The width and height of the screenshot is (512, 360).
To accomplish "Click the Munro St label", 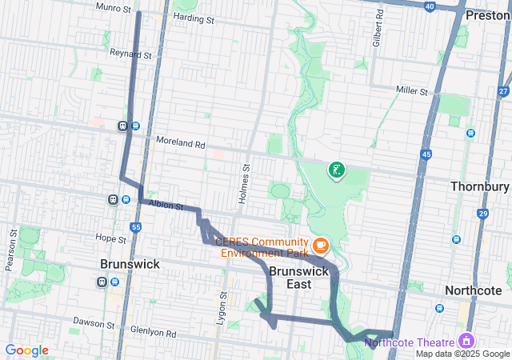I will [114, 7].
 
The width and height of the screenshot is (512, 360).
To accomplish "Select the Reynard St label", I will [132, 55].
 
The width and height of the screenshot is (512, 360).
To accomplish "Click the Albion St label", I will [166, 206].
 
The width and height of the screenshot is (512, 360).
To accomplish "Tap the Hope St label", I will [111, 238].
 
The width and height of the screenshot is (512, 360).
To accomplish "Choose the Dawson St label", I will [94, 324].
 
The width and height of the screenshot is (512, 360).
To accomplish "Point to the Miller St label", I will [413, 91].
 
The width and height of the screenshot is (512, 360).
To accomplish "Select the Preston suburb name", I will [487, 14].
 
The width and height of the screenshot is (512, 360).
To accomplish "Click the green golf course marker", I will [337, 170].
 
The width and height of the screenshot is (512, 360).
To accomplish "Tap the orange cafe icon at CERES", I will [320, 244].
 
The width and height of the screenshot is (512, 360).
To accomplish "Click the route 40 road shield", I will [430, 6].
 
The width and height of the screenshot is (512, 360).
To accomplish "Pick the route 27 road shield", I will [502, 91].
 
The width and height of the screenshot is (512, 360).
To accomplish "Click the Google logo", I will [26, 350].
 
